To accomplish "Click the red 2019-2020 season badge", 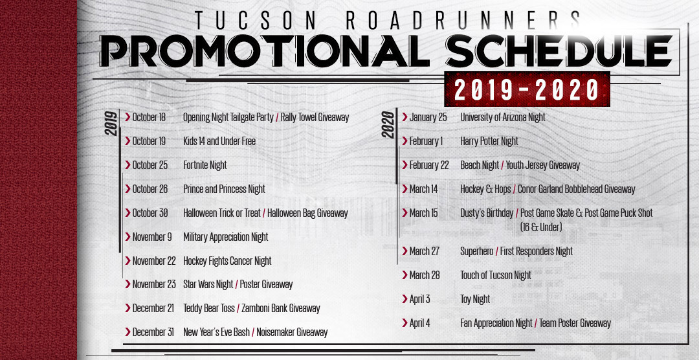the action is pyautogui.click(x=527, y=89).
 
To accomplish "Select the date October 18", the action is pyautogui.click(x=149, y=117).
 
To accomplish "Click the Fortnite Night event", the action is pyautogui.click(x=205, y=165).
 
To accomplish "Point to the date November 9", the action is pyautogui.click(x=152, y=237).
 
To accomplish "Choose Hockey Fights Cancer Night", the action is pyautogui.click(x=227, y=261).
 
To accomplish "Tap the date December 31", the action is pyautogui.click(x=153, y=332).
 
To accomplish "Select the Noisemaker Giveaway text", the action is pyautogui.click(x=292, y=332).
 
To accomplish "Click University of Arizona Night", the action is pyautogui.click(x=503, y=117).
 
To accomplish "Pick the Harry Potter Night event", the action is pyautogui.click(x=489, y=141).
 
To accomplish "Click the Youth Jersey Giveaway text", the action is pyautogui.click(x=543, y=166).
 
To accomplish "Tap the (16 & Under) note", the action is pyautogui.click(x=541, y=227).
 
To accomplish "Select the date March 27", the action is pyautogui.click(x=425, y=251).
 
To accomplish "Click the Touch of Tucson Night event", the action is pyautogui.click(x=496, y=275).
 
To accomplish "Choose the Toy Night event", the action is pyautogui.click(x=475, y=299).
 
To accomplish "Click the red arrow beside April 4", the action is pyautogui.click(x=405, y=322).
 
